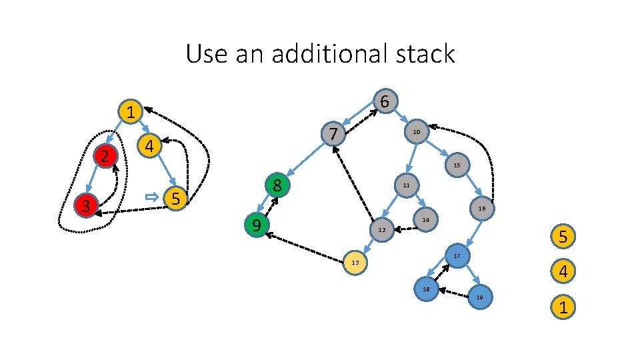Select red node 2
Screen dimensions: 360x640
coord(105,156)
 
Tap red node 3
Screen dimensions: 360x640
coord(85,205)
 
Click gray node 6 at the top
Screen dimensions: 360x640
coord(385,101)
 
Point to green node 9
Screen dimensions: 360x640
coord(256,226)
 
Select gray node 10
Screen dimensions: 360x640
coord(415,133)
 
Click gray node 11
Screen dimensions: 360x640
coord(406,184)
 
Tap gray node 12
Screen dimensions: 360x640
coord(381,230)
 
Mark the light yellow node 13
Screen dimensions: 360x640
coord(355,263)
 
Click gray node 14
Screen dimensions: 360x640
coord(426,219)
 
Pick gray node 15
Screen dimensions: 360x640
coord(457,165)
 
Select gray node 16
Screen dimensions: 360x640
coord(481,209)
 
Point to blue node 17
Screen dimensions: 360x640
coord(457,256)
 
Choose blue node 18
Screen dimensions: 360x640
coord(426,289)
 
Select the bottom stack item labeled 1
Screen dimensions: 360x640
coord(563,308)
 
